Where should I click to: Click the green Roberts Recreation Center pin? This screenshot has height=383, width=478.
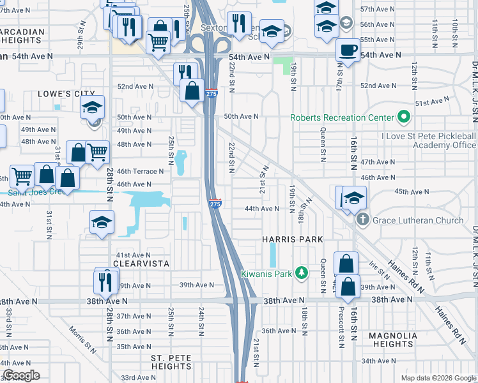pyautogui.click(x=403, y=117)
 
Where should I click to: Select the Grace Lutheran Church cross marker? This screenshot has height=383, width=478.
pyautogui.click(x=362, y=220)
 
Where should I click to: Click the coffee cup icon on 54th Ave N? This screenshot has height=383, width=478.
pyautogui.click(x=348, y=49)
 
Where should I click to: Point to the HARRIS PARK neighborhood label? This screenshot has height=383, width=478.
pyautogui.click(x=292, y=239)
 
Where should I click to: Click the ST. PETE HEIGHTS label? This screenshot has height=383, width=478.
pyautogui.click(x=171, y=362)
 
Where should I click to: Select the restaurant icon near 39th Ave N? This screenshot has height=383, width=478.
pyautogui.click(x=105, y=280)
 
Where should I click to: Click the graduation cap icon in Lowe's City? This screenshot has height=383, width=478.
pyautogui.click(x=93, y=107)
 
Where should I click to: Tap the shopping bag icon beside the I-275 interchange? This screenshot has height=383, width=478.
pyautogui.click(x=192, y=90)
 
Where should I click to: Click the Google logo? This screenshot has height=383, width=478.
pyautogui.click(x=21, y=375)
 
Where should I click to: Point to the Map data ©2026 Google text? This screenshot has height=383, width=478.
pyautogui.click(x=438, y=378)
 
